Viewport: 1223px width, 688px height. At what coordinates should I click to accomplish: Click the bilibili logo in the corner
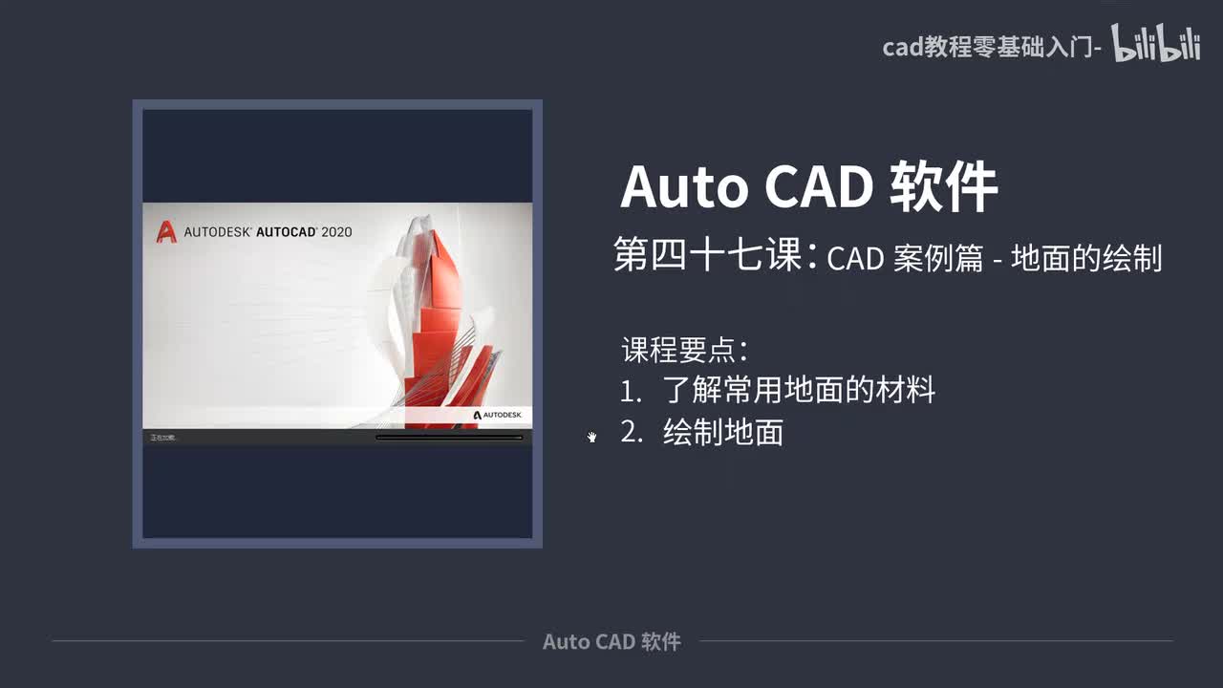tap(1155, 45)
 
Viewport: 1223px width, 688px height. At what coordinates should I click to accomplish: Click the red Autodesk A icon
tap(166, 231)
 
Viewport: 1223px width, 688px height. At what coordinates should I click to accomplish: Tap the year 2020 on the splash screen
tap(336, 231)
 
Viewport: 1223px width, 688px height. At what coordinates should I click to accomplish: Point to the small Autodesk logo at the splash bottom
tap(497, 415)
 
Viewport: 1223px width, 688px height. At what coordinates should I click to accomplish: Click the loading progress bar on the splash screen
tap(449, 438)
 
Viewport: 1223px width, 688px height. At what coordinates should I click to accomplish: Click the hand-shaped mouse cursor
tap(592, 437)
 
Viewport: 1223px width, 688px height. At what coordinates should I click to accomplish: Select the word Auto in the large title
tap(684, 186)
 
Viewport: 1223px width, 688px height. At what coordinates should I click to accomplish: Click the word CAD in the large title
tap(818, 186)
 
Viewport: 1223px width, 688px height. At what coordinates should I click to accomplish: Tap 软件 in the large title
tap(943, 186)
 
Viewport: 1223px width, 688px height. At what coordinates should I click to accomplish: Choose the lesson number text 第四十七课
tap(708, 256)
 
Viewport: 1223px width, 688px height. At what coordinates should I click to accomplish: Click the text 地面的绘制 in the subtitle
tap(1086, 258)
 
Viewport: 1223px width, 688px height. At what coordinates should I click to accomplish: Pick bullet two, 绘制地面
tap(723, 433)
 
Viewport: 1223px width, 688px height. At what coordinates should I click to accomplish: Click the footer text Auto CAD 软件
tap(611, 641)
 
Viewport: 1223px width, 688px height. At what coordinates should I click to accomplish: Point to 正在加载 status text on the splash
tap(163, 438)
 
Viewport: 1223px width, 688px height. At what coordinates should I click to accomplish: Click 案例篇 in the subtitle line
tap(939, 258)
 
